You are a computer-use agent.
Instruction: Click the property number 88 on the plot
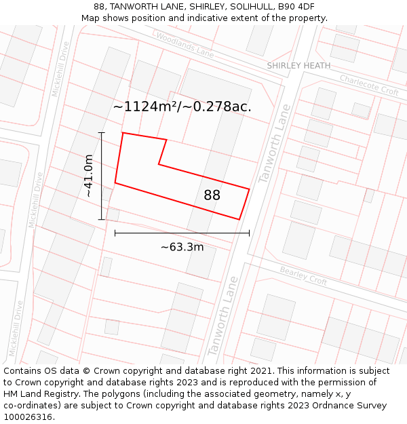point(212,195)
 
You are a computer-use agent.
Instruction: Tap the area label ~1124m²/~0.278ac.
point(182,107)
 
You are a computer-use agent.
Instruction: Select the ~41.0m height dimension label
point(89,176)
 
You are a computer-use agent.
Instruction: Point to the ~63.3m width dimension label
point(182,247)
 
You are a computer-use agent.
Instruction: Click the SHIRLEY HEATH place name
point(298,66)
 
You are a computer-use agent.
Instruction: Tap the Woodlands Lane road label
point(184,44)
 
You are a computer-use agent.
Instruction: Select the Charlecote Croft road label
point(369,85)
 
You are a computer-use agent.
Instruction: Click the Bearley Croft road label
point(303,275)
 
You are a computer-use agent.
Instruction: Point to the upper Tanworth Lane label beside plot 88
point(274,143)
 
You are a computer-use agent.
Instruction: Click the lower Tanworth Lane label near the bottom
point(224,315)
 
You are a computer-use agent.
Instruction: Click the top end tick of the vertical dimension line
point(102,132)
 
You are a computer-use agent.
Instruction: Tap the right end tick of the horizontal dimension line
point(249,233)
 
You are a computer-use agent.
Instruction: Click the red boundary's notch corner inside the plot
point(159,163)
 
